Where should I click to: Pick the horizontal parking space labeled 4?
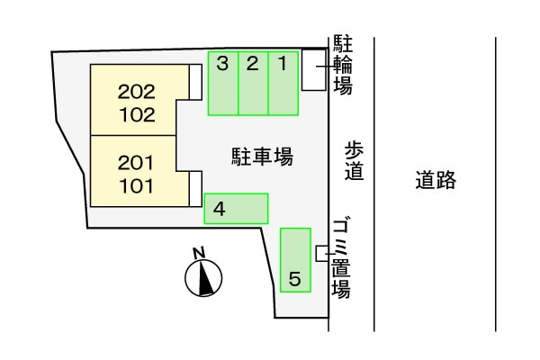click(x=236, y=209)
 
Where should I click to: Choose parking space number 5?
click(x=295, y=261)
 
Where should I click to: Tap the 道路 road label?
click(x=436, y=180)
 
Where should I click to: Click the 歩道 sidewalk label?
click(x=355, y=160)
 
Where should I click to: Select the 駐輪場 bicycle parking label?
click(x=342, y=65)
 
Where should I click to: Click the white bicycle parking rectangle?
click(x=312, y=70)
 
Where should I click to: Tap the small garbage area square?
click(x=321, y=253)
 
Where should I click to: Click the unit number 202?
click(x=137, y=91)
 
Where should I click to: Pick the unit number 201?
click(x=137, y=164)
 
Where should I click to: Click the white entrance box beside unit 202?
click(x=194, y=82)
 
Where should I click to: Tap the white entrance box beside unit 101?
click(x=194, y=190)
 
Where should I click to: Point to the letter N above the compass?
click(x=200, y=252)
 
